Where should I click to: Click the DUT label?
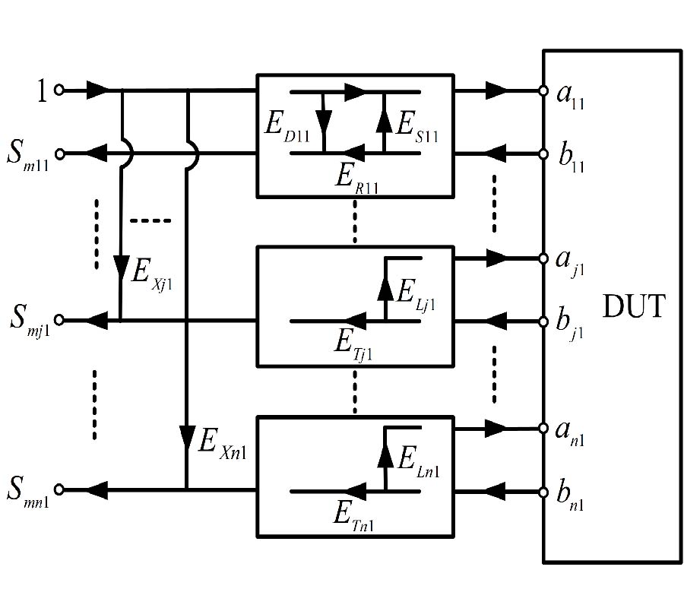pyautogui.click(x=633, y=308)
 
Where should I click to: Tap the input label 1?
pyautogui.click(x=43, y=92)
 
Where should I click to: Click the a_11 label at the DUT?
pyautogui.click(x=568, y=94)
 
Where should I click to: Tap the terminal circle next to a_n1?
pyautogui.click(x=543, y=429)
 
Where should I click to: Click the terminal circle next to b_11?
pyautogui.click(x=543, y=154)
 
